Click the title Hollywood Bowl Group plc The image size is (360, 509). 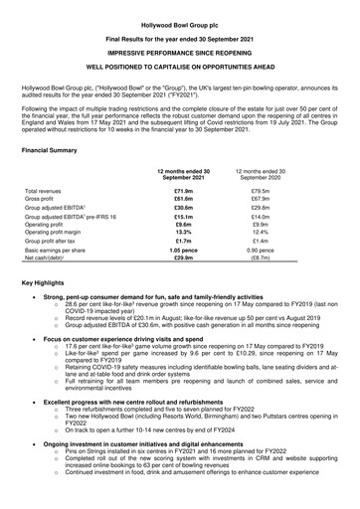pos(180,7)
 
